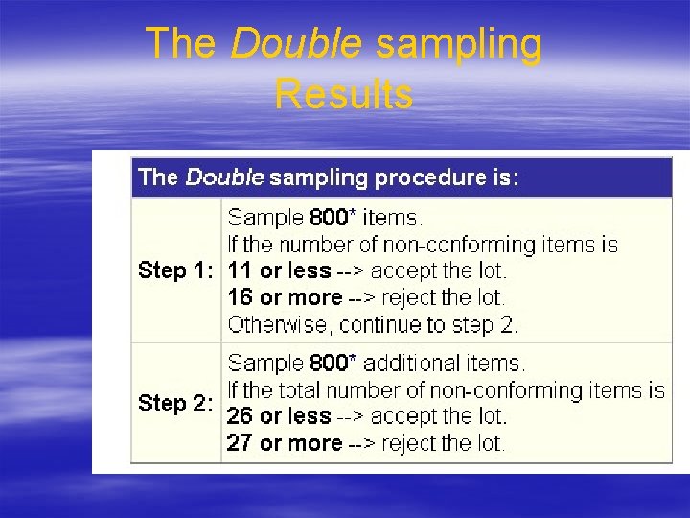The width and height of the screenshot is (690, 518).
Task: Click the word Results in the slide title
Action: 343,94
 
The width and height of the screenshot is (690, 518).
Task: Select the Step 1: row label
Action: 175,271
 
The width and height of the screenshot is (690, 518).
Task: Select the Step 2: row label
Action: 175,403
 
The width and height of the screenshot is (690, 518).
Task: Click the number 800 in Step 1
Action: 330,218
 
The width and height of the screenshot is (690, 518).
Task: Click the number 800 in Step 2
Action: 330,364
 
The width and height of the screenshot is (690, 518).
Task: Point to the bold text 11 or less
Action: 279,271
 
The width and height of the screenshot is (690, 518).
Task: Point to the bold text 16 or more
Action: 284,297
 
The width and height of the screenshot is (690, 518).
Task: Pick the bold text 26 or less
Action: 279,417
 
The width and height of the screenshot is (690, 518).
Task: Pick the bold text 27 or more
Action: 284,443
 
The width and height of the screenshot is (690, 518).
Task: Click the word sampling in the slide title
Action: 459,44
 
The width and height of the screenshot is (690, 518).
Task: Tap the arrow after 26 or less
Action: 350,417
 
